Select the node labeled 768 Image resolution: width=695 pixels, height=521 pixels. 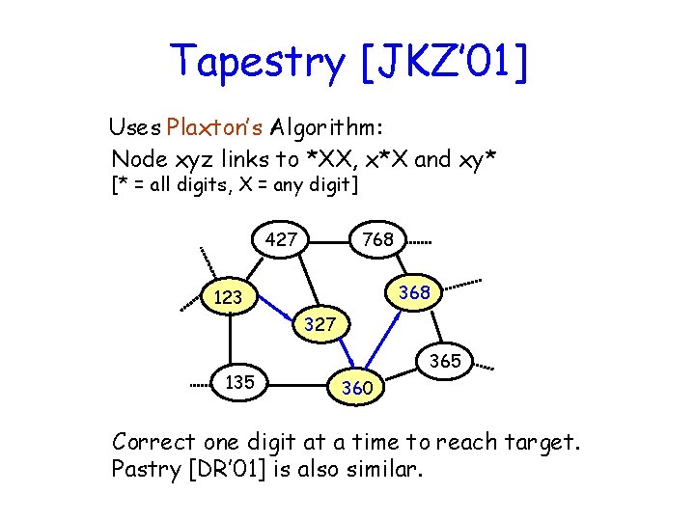click(376, 239)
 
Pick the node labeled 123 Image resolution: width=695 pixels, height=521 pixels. click(229, 298)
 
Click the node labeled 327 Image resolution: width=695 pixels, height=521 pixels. click(320, 325)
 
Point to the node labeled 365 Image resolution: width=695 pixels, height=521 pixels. click(445, 362)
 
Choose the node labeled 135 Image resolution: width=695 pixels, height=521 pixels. click(239, 382)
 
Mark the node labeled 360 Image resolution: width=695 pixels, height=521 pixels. click(357, 388)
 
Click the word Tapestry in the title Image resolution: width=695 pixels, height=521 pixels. click(257, 63)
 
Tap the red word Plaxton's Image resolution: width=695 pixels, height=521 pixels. click(215, 127)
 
